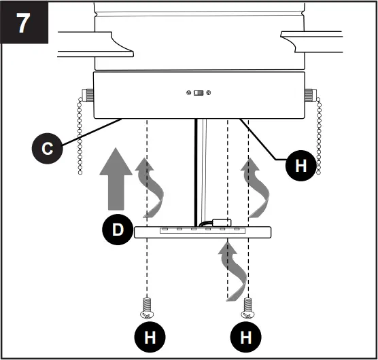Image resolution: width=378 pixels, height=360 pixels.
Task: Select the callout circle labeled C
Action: tap(46, 149)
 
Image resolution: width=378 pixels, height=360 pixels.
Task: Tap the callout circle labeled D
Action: tap(118, 230)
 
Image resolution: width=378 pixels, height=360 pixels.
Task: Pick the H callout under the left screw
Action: tap(148, 337)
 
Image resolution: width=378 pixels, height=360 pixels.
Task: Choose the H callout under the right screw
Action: tap(249, 337)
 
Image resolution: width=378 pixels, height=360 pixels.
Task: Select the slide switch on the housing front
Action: tap(199, 93)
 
